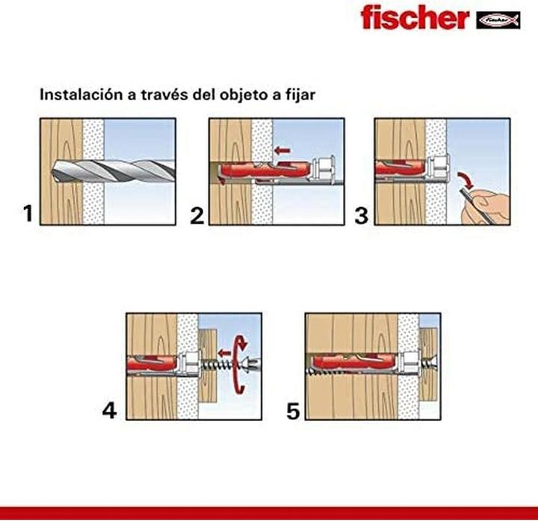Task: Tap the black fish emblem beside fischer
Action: [497, 19]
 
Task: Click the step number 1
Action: [28, 215]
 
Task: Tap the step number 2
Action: [197, 216]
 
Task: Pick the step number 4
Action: [109, 410]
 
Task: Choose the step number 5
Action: [294, 410]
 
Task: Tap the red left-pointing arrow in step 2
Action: [282, 151]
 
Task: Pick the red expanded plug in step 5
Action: [351, 364]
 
